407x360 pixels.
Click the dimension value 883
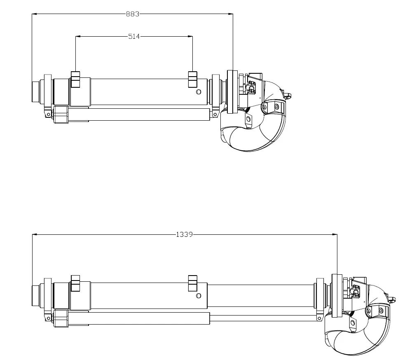coord(133,14)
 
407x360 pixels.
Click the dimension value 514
coord(134,36)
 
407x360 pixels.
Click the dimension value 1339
coord(184,235)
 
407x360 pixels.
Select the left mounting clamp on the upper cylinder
coord(75,79)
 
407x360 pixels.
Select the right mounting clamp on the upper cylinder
coord(192,79)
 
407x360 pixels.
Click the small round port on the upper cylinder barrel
coord(199,91)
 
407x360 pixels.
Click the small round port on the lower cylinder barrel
coord(199,295)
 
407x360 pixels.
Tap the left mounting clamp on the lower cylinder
coord(75,283)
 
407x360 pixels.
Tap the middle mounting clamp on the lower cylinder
coord(192,283)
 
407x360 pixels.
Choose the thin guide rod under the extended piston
coord(264,318)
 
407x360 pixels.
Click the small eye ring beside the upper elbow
coord(289,96)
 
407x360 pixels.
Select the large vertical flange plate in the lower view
coord(337,295)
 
